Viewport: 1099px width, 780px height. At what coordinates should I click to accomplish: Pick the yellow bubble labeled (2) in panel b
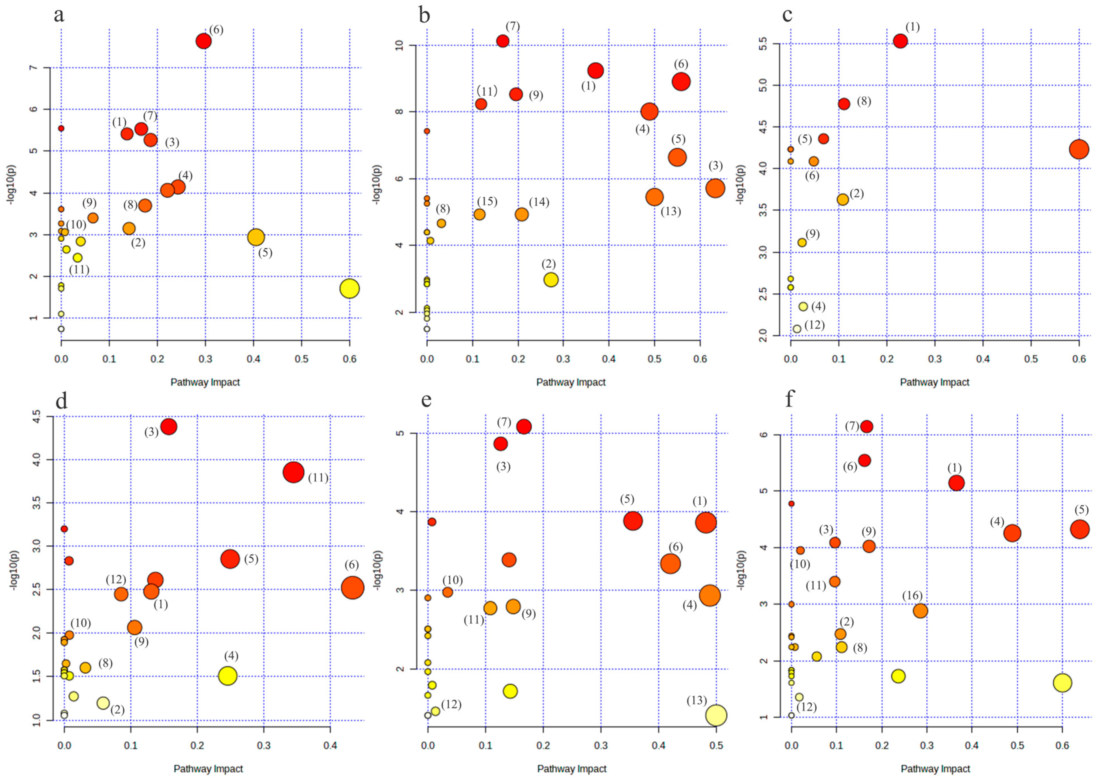[x=551, y=280]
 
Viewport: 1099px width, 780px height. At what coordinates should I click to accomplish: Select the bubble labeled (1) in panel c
[x=900, y=41]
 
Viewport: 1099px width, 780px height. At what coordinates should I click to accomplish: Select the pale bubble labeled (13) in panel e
[x=716, y=715]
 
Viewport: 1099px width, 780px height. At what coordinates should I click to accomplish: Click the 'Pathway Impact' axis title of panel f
[x=935, y=768]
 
